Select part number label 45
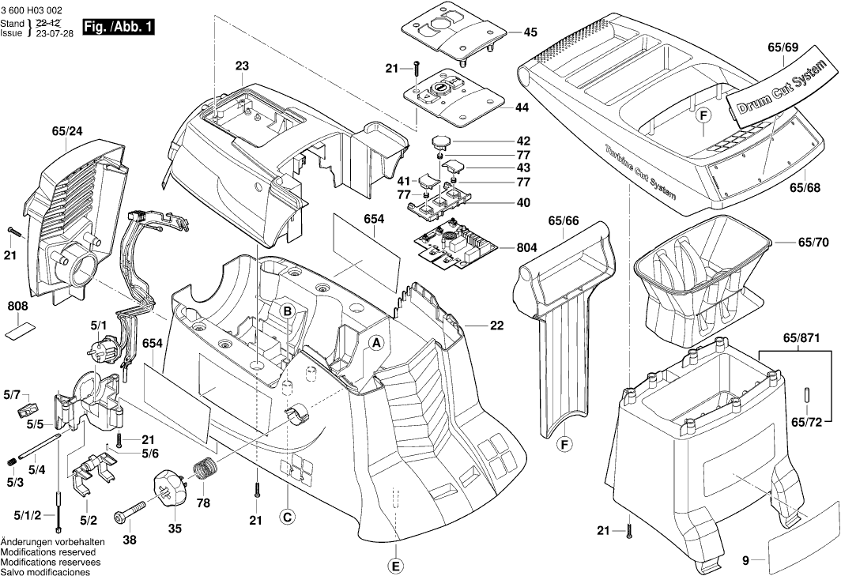(530, 32)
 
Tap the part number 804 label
(527, 247)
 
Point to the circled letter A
(377, 343)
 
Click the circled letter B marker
(289, 311)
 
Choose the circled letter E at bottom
(396, 565)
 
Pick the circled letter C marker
(288, 517)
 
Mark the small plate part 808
(22, 329)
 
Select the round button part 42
(440, 142)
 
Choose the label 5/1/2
(26, 515)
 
